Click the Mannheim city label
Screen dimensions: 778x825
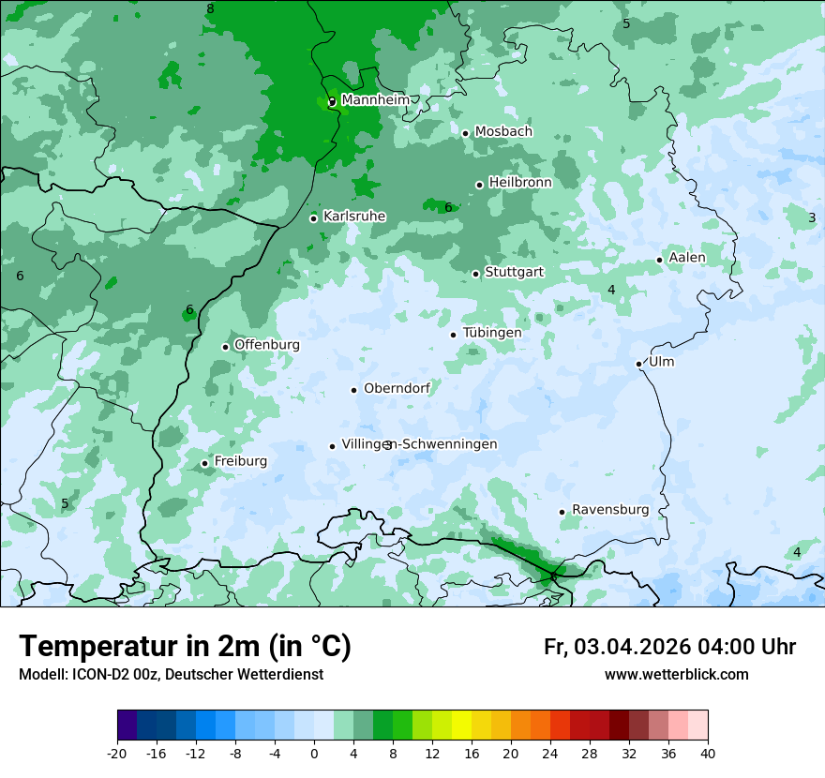tap(375, 99)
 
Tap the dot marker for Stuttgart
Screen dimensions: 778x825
tap(476, 274)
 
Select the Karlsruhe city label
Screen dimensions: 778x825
tap(353, 217)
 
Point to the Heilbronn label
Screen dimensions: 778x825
tap(520, 183)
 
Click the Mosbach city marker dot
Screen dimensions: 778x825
tap(465, 133)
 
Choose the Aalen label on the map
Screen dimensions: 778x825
tap(687, 258)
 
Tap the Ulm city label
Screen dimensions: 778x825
tap(661, 362)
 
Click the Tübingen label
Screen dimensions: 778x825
tap(491, 333)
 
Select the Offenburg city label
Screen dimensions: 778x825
tap(267, 345)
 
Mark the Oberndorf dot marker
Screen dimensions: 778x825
tap(353, 390)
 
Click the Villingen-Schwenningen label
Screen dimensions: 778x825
tap(419, 444)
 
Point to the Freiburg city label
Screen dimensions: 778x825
tap(240, 461)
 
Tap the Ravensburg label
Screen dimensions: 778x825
tap(610, 510)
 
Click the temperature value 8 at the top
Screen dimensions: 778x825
tap(210, 9)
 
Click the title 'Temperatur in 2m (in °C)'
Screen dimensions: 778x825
tap(185, 646)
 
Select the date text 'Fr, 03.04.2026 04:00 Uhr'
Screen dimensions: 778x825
tap(669, 647)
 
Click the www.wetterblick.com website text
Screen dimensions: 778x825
tap(676, 675)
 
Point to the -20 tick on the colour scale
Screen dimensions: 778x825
tap(117, 754)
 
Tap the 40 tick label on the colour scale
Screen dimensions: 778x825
tap(707, 754)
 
